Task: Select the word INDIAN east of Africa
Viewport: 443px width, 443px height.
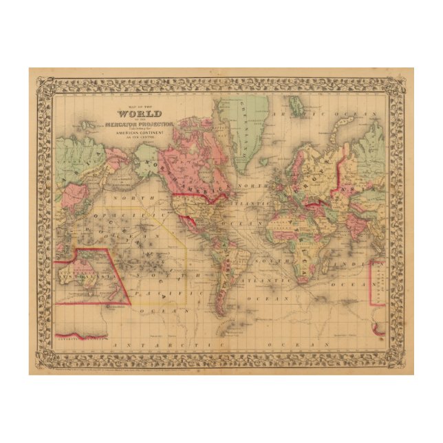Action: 344,264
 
